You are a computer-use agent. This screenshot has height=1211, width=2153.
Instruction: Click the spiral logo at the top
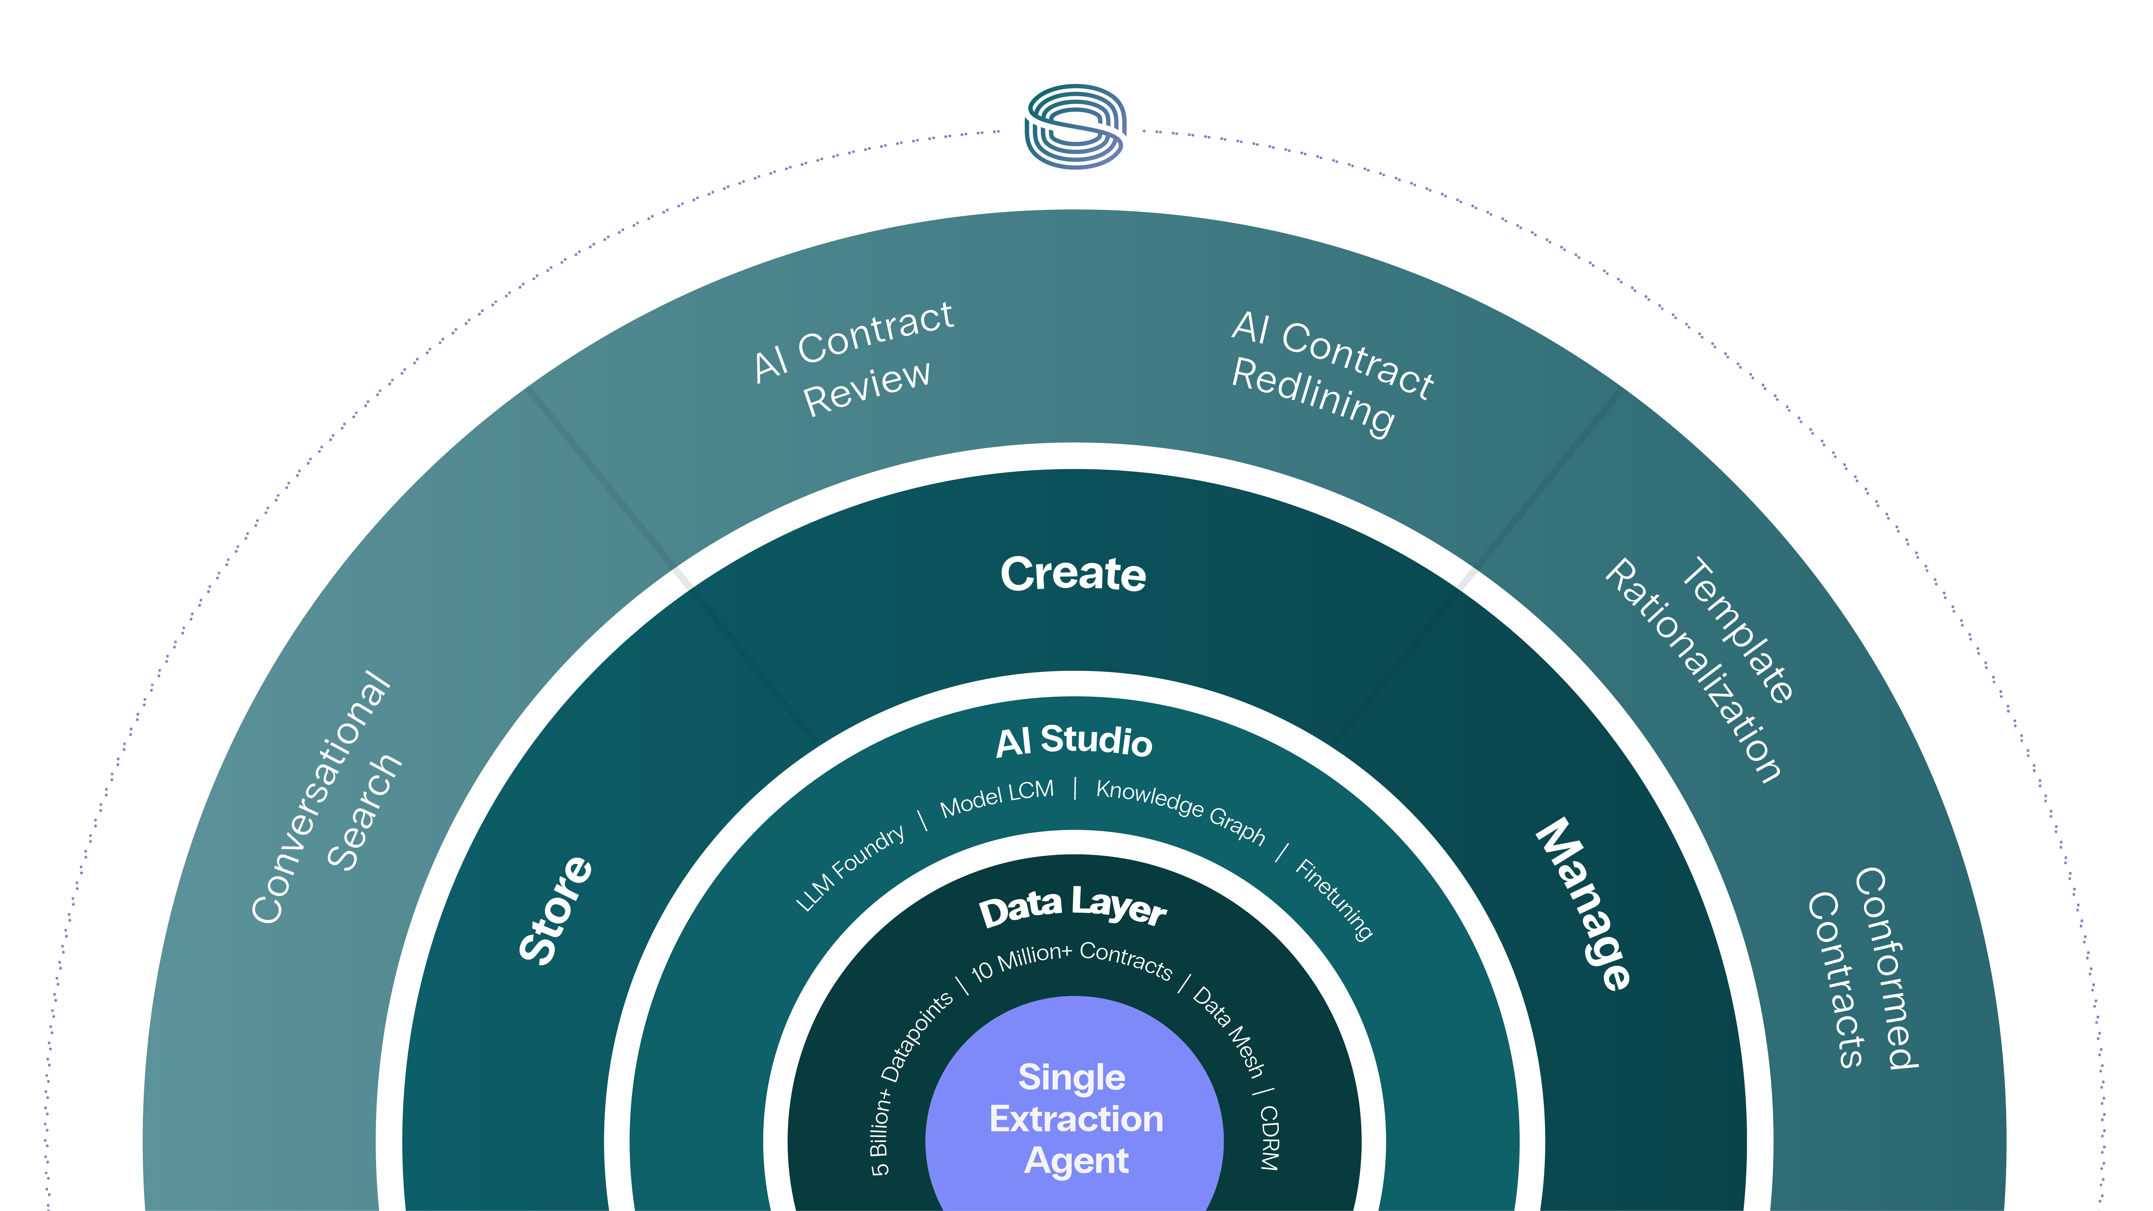pyautogui.click(x=1076, y=126)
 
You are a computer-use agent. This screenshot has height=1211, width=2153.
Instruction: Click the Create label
pyautogui.click(x=1073, y=574)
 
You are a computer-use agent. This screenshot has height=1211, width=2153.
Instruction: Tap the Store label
pyautogui.click(x=556, y=910)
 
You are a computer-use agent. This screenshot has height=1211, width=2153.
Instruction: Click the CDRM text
pyautogui.click(x=1269, y=1137)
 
